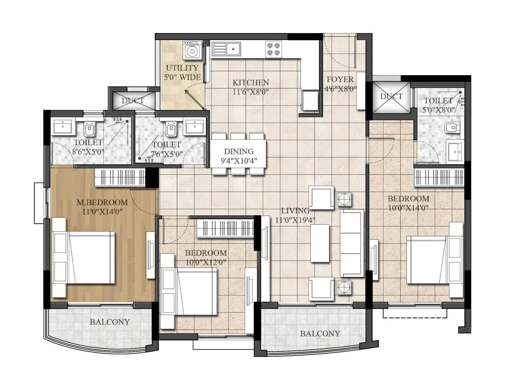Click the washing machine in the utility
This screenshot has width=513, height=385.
(192, 51)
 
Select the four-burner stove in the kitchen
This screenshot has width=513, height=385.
(273, 49)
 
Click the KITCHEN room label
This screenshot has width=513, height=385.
(250, 82)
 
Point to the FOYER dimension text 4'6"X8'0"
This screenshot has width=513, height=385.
(340, 89)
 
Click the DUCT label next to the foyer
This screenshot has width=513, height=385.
(391, 96)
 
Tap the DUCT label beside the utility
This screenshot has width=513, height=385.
(133, 101)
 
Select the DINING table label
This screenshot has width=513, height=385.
(239, 151)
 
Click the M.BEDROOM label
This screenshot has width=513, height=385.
(102, 202)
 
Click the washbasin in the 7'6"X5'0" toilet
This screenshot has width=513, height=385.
(194, 126)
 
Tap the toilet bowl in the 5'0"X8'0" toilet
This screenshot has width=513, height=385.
(452, 128)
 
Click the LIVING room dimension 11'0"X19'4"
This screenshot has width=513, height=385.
(295, 220)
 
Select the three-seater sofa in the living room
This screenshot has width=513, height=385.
(351, 243)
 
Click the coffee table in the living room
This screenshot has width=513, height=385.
(320, 243)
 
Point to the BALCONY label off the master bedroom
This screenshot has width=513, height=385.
(110, 322)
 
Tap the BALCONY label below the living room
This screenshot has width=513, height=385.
(320, 334)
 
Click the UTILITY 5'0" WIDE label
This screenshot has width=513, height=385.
(182, 73)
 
